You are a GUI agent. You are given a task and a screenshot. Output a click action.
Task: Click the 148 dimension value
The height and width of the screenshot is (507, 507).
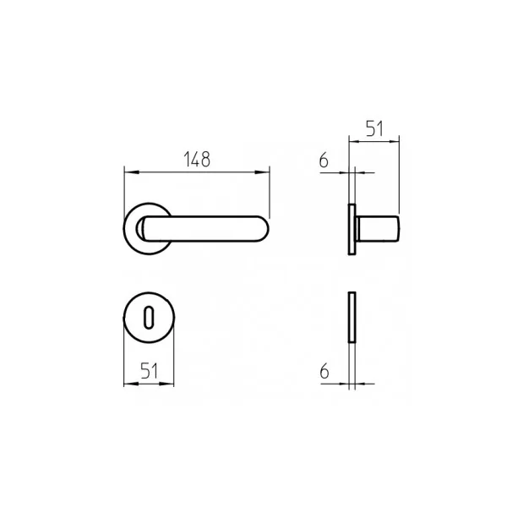point(197,160)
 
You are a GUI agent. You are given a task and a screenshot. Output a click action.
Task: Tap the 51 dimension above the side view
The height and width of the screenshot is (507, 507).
point(374,128)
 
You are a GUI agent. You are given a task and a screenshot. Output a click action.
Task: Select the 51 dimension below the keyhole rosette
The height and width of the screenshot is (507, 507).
point(149,371)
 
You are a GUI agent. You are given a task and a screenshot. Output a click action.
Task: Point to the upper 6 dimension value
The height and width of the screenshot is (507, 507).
point(324,160)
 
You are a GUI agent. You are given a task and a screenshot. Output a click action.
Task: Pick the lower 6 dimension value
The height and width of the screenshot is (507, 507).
point(324,371)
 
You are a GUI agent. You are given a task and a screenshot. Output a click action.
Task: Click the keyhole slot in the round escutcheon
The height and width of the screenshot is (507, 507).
point(149,318)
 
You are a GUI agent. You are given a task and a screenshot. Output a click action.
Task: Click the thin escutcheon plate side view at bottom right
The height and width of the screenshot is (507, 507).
point(352,317)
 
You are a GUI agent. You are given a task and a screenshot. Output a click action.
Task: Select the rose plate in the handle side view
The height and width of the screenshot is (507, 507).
point(352,229)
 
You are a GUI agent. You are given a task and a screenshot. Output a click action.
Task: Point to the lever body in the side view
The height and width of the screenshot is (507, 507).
point(378,229)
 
